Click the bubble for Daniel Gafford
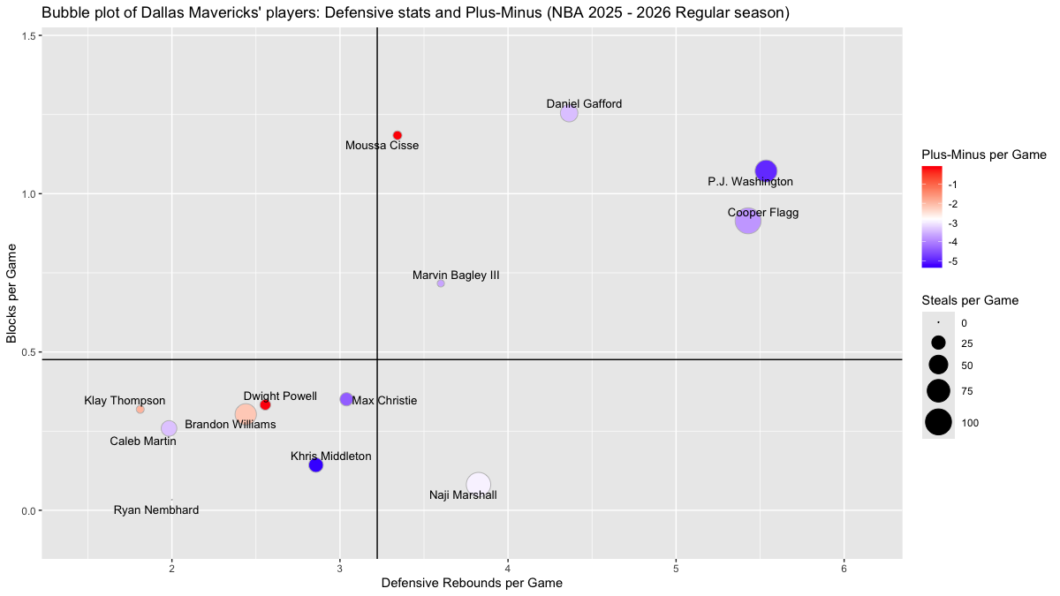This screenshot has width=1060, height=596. click(569, 113)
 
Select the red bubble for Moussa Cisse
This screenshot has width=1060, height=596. click(397, 135)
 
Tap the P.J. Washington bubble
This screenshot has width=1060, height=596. click(766, 171)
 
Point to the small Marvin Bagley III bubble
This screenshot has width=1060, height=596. click(441, 283)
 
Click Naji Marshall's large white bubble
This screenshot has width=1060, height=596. click(478, 484)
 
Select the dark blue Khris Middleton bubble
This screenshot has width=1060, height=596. click(316, 465)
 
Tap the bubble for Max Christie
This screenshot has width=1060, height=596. click(346, 399)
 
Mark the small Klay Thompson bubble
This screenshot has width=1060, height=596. click(140, 410)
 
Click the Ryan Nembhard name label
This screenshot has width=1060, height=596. click(156, 510)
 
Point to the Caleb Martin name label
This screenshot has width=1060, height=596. click(143, 441)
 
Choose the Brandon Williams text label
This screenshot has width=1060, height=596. click(230, 425)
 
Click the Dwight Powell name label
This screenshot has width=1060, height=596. click(280, 396)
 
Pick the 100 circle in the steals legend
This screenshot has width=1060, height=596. click(938, 423)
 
